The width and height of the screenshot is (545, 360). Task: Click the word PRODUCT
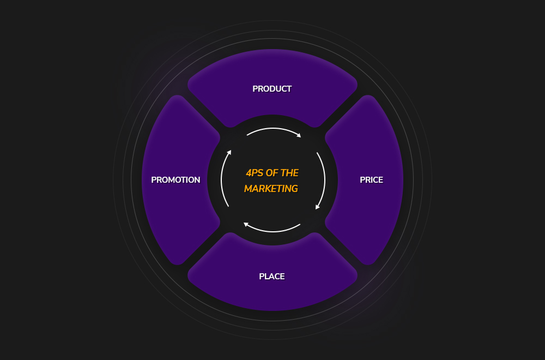272,89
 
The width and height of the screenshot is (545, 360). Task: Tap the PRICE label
371,180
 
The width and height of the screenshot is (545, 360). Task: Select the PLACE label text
272,277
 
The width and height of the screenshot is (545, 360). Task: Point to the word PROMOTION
175,180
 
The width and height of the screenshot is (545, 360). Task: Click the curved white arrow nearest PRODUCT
272,129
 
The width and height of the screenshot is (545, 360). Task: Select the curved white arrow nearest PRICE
324,180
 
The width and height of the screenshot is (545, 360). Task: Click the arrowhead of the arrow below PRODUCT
299,135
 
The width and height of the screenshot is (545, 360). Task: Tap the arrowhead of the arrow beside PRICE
317,207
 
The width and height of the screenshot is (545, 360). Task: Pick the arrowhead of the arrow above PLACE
246,224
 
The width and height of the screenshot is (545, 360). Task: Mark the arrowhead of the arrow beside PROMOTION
229,152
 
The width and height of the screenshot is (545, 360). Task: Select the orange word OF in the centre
272,173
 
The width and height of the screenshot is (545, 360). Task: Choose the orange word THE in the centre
290,173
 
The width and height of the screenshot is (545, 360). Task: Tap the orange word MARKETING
271,189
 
